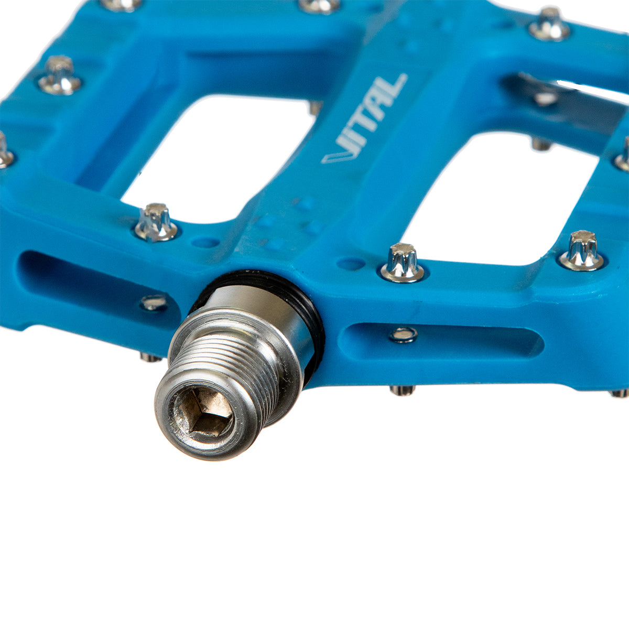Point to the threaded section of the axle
tap(225, 369)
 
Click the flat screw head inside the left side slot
tap(154, 302)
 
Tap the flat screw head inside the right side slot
tap(404, 335)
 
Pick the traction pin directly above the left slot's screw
tap(156, 222)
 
